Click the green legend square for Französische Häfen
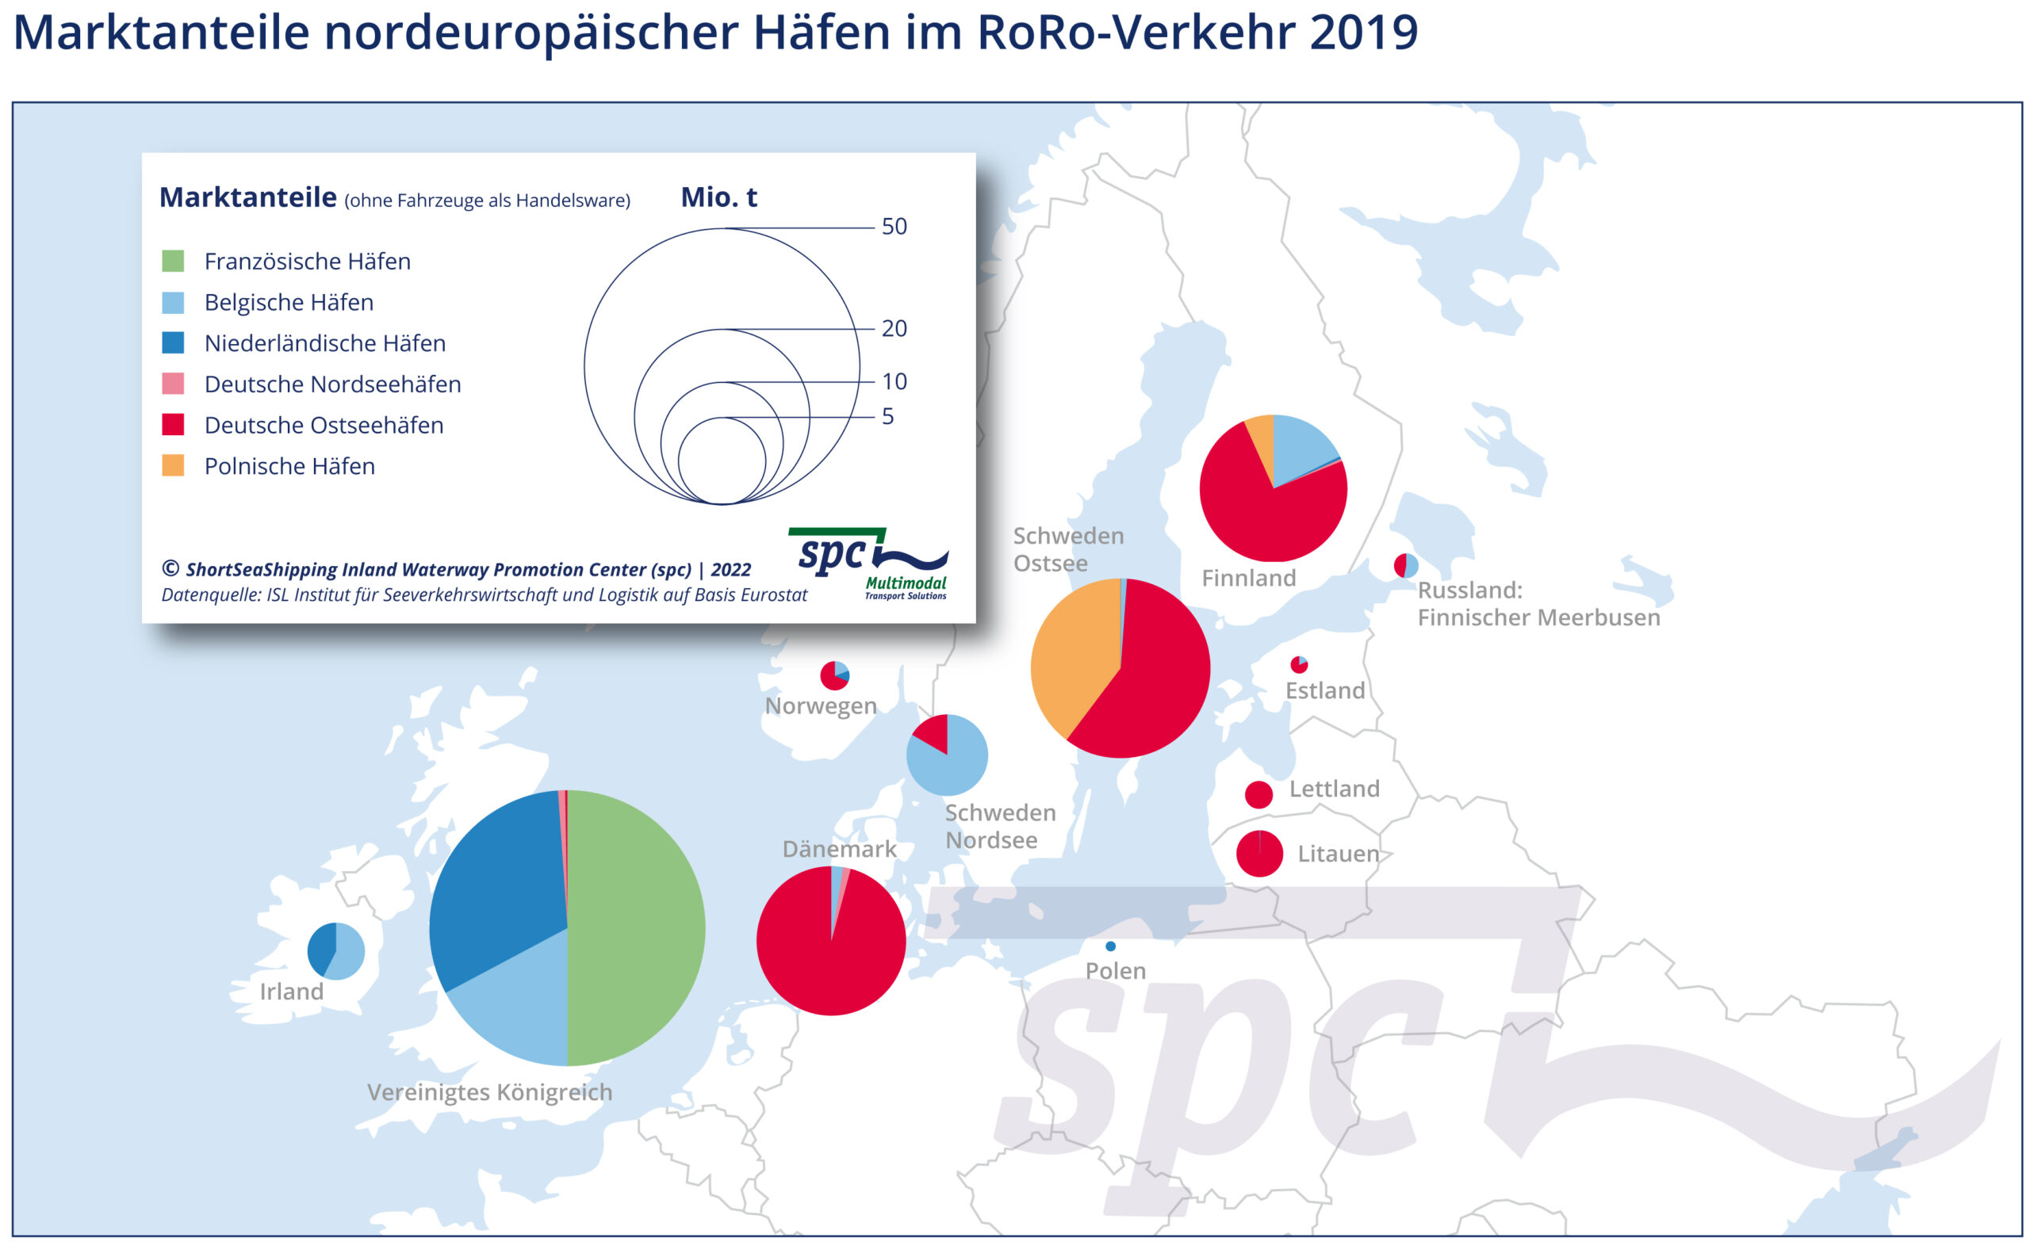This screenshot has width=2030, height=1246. click(x=172, y=262)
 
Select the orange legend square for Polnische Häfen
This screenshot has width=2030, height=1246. click(x=172, y=465)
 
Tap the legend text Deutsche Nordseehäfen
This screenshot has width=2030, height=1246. click(x=332, y=384)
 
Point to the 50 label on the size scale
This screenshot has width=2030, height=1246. click(x=894, y=227)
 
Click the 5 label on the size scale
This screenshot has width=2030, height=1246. click(x=887, y=416)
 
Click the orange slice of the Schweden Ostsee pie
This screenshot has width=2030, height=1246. click(x=1071, y=651)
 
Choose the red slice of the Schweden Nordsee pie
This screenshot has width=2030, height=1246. click(x=934, y=732)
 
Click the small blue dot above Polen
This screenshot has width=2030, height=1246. click(x=1110, y=946)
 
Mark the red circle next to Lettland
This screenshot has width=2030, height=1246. click(x=1258, y=794)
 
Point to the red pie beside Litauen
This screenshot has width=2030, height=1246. click(x=1258, y=854)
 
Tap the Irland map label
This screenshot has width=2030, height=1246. click(x=291, y=992)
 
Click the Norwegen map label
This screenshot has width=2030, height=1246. click(x=820, y=705)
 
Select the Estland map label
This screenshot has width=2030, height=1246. click(x=1324, y=690)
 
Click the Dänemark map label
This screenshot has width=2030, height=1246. click(x=838, y=849)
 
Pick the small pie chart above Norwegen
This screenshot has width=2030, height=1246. click(x=834, y=676)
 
